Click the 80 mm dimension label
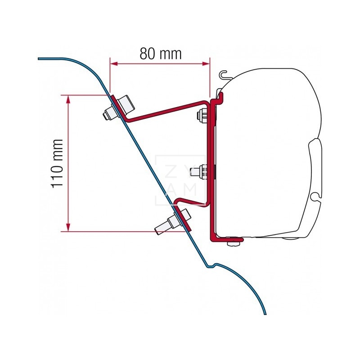coord(161,54)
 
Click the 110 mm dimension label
coord(57,163)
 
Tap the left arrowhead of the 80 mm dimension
coord(114,63)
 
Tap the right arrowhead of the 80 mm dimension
coord(206,63)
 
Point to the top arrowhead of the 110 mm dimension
coord(68,99)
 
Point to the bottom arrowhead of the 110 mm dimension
coord(68,227)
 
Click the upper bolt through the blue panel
coord(118,108)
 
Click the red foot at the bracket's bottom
coord(227,239)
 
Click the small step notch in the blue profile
coord(211,265)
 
